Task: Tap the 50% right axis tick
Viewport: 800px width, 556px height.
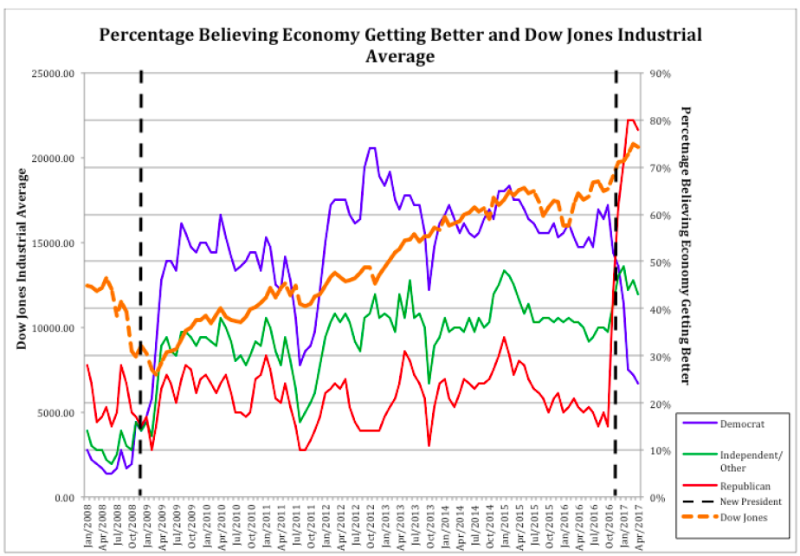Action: [x=660, y=262]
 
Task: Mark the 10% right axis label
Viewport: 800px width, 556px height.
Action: [x=660, y=450]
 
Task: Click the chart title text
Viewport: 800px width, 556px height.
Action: [x=399, y=45]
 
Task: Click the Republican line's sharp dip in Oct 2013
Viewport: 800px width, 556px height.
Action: [x=429, y=445]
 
